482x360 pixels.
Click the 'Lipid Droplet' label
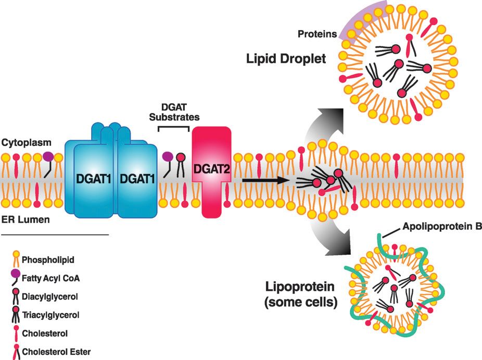286,58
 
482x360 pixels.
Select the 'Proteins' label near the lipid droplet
316,35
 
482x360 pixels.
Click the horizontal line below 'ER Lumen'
55,235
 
